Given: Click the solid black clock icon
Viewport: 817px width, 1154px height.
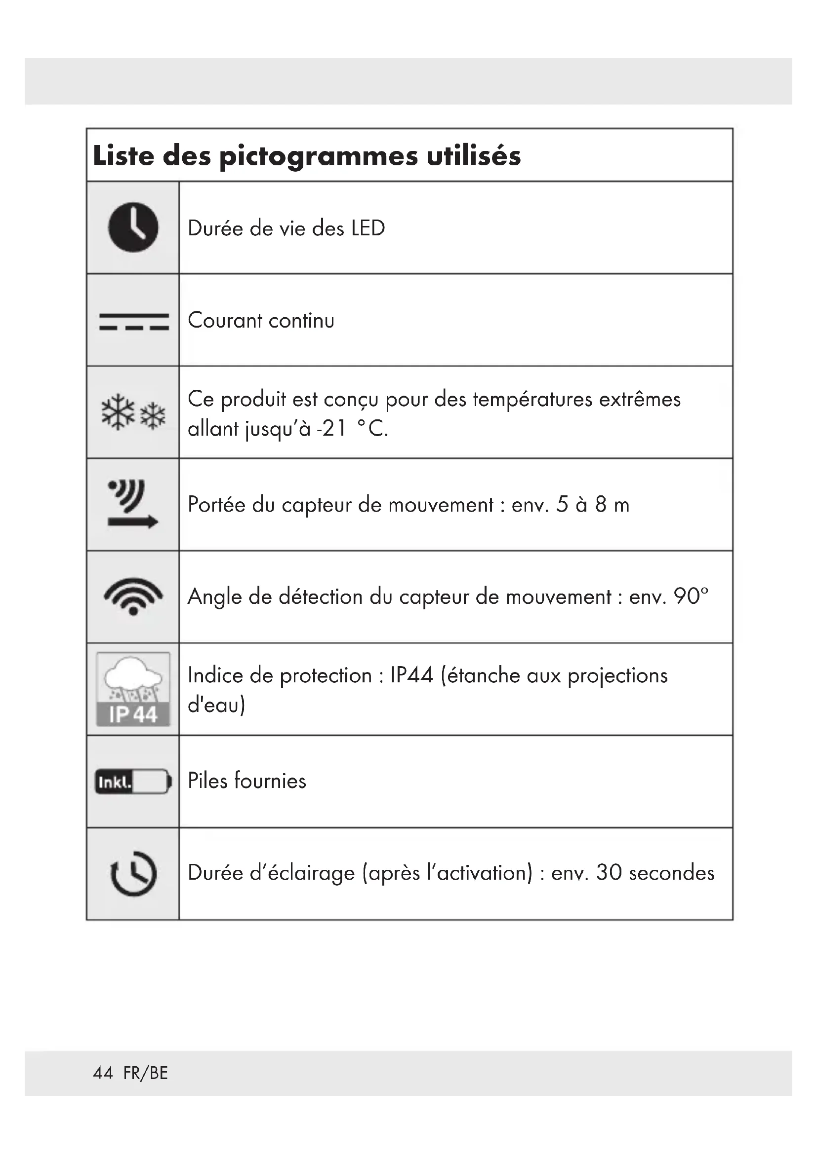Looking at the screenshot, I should click(133, 227).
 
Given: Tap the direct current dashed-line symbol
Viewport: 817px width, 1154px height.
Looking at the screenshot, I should click(134, 322).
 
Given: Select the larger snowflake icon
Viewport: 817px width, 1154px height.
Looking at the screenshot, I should click(118, 412).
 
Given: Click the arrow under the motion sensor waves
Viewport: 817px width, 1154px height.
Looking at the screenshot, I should click(133, 522).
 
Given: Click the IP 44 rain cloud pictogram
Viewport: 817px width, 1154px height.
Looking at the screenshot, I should click(133, 689).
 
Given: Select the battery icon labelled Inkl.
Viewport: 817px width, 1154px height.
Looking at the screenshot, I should click(133, 782).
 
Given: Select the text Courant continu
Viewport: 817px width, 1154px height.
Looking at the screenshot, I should click(261, 321).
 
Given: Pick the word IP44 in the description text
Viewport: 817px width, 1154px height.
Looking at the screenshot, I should click(411, 675).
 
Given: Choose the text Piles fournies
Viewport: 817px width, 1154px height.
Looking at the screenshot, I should click(246, 781).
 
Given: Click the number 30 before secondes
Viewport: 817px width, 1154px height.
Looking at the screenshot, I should click(609, 873).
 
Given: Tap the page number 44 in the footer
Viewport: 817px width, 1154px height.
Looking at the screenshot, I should click(103, 1073).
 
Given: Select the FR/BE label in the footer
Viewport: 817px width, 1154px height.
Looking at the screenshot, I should click(145, 1073).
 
